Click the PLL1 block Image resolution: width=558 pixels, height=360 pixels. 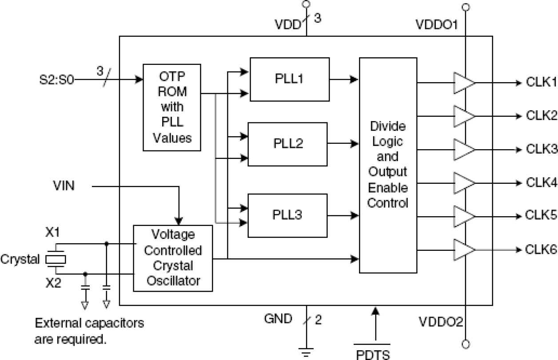pos(290,79)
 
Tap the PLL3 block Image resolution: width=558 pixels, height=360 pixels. pos(287,215)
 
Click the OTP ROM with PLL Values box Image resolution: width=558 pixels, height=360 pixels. pos(172,107)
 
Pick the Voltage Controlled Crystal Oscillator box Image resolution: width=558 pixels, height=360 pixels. pos(173,258)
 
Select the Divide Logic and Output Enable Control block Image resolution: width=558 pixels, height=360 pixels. pos(388,165)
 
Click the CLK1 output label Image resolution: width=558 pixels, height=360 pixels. pos(541,82)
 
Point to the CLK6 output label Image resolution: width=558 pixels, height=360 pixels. pos(541,249)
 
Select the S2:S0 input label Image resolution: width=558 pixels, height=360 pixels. pos(56,82)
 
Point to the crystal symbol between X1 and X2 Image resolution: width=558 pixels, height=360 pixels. pos(56,260)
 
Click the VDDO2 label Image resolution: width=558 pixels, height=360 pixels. pos(437,320)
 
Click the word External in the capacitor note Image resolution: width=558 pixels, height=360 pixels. pos(57,323)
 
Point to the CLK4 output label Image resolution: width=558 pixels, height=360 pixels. pos(541,182)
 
